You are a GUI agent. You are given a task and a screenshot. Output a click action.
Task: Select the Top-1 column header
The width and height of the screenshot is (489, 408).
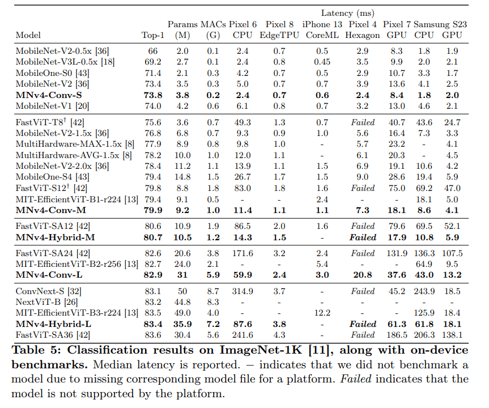[152, 35]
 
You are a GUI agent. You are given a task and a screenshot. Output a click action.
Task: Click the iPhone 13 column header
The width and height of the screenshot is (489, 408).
[322, 24]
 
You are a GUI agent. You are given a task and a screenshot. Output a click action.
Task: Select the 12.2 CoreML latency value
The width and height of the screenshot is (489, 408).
[322, 313]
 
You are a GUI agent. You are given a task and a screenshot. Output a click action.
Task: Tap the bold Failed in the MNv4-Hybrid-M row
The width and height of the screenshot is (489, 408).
[363, 237]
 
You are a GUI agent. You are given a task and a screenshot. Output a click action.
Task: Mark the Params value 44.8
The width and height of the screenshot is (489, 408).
[182, 302]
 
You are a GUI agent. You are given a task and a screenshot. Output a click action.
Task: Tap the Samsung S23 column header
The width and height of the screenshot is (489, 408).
[441, 24]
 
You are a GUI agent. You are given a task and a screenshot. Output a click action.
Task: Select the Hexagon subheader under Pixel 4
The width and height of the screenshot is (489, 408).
[363, 35]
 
